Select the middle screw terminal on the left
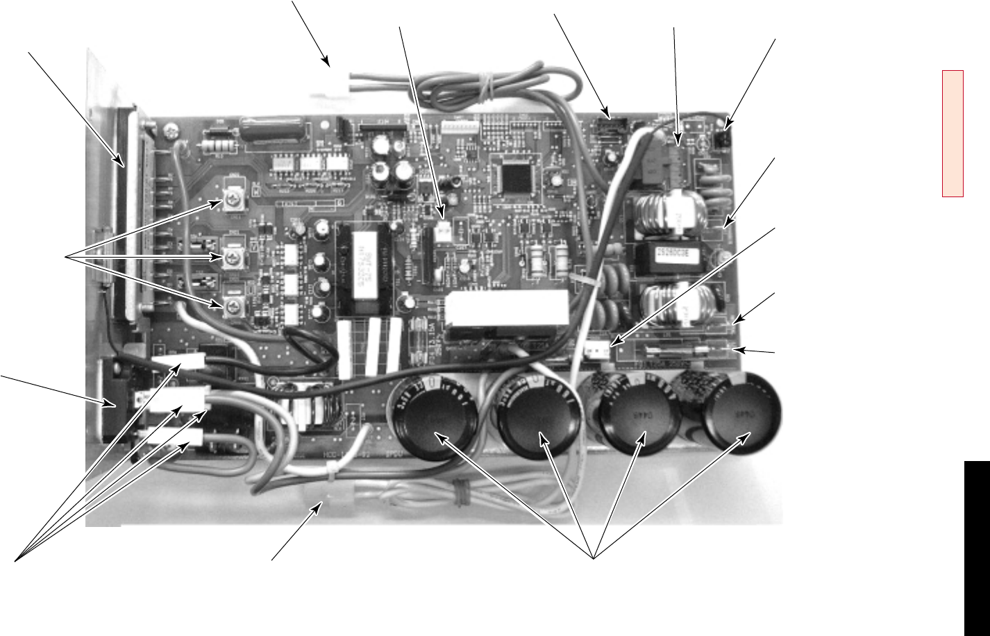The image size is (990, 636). click(232, 257)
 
